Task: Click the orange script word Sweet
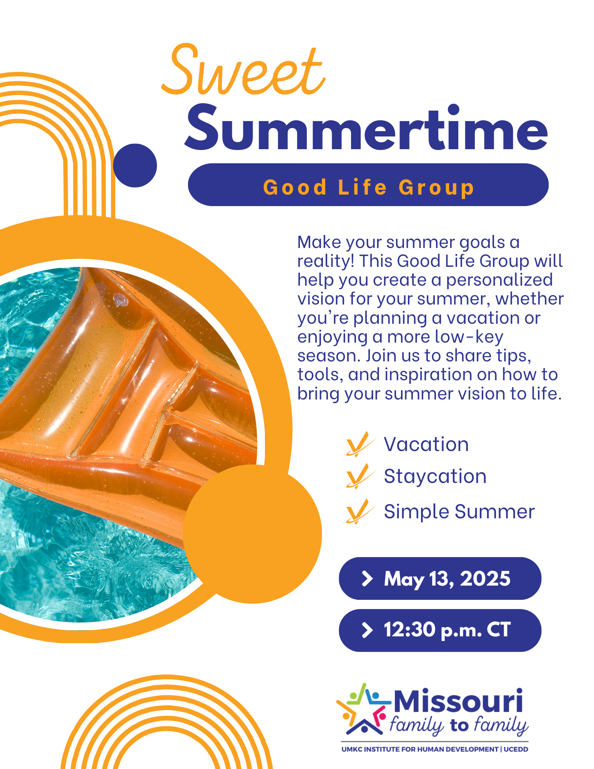point(243,70)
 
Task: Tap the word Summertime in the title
point(366,128)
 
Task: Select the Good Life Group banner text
point(368,188)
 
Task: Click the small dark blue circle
point(135,165)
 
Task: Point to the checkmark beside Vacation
point(360,444)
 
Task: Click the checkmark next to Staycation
point(360,476)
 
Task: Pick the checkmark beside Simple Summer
point(360,511)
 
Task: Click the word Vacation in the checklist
point(426,444)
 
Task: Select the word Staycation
point(435,477)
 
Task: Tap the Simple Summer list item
point(459,512)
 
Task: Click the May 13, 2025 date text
point(447,579)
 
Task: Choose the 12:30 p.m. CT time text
point(447,630)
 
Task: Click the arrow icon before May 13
point(368,579)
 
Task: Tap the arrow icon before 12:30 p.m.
point(368,630)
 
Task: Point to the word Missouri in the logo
point(458,701)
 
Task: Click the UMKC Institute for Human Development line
point(435,749)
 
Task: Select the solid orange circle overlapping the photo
point(252,534)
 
